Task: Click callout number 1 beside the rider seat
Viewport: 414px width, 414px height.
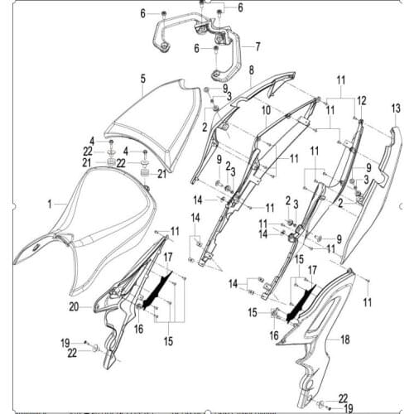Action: click(50, 203)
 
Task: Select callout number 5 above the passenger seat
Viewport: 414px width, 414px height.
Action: click(142, 79)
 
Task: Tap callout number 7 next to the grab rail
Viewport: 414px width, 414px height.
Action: click(258, 46)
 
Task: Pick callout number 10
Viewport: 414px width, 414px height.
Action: click(267, 109)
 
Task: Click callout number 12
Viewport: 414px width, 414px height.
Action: click(361, 100)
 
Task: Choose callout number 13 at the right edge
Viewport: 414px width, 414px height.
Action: click(395, 108)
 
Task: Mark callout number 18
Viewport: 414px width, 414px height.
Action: click(345, 339)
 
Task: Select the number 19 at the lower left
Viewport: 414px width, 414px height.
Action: click(64, 342)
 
